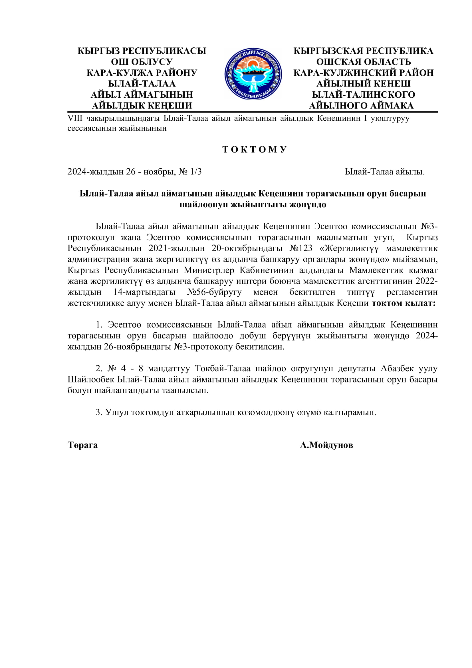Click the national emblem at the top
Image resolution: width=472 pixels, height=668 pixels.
pyautogui.click(x=253, y=74)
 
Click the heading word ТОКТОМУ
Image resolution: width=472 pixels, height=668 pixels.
pyautogui.click(x=255, y=150)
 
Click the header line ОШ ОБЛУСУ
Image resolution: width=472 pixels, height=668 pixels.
pyautogui.click(x=142, y=62)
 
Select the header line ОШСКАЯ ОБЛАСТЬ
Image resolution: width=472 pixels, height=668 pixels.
pyautogui.click(x=363, y=62)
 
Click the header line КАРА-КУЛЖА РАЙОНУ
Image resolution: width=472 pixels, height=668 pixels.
pyautogui.click(x=142, y=73)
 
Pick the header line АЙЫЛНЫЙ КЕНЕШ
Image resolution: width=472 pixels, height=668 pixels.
pyautogui.click(x=363, y=84)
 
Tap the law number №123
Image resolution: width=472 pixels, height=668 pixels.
pyautogui.click(x=301, y=248)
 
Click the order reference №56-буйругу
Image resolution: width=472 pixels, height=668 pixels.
pyautogui.click(x=214, y=292)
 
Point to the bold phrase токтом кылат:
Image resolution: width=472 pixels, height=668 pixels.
pyautogui.click(x=404, y=303)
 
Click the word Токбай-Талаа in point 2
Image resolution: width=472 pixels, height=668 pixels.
pyautogui.click(x=223, y=368)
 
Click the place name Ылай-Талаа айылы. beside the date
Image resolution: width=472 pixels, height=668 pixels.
pyautogui.click(x=384, y=172)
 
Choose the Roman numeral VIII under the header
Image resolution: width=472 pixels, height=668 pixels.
pyautogui.click(x=75, y=119)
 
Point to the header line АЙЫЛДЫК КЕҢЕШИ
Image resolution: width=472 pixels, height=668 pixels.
pyautogui.click(x=142, y=106)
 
